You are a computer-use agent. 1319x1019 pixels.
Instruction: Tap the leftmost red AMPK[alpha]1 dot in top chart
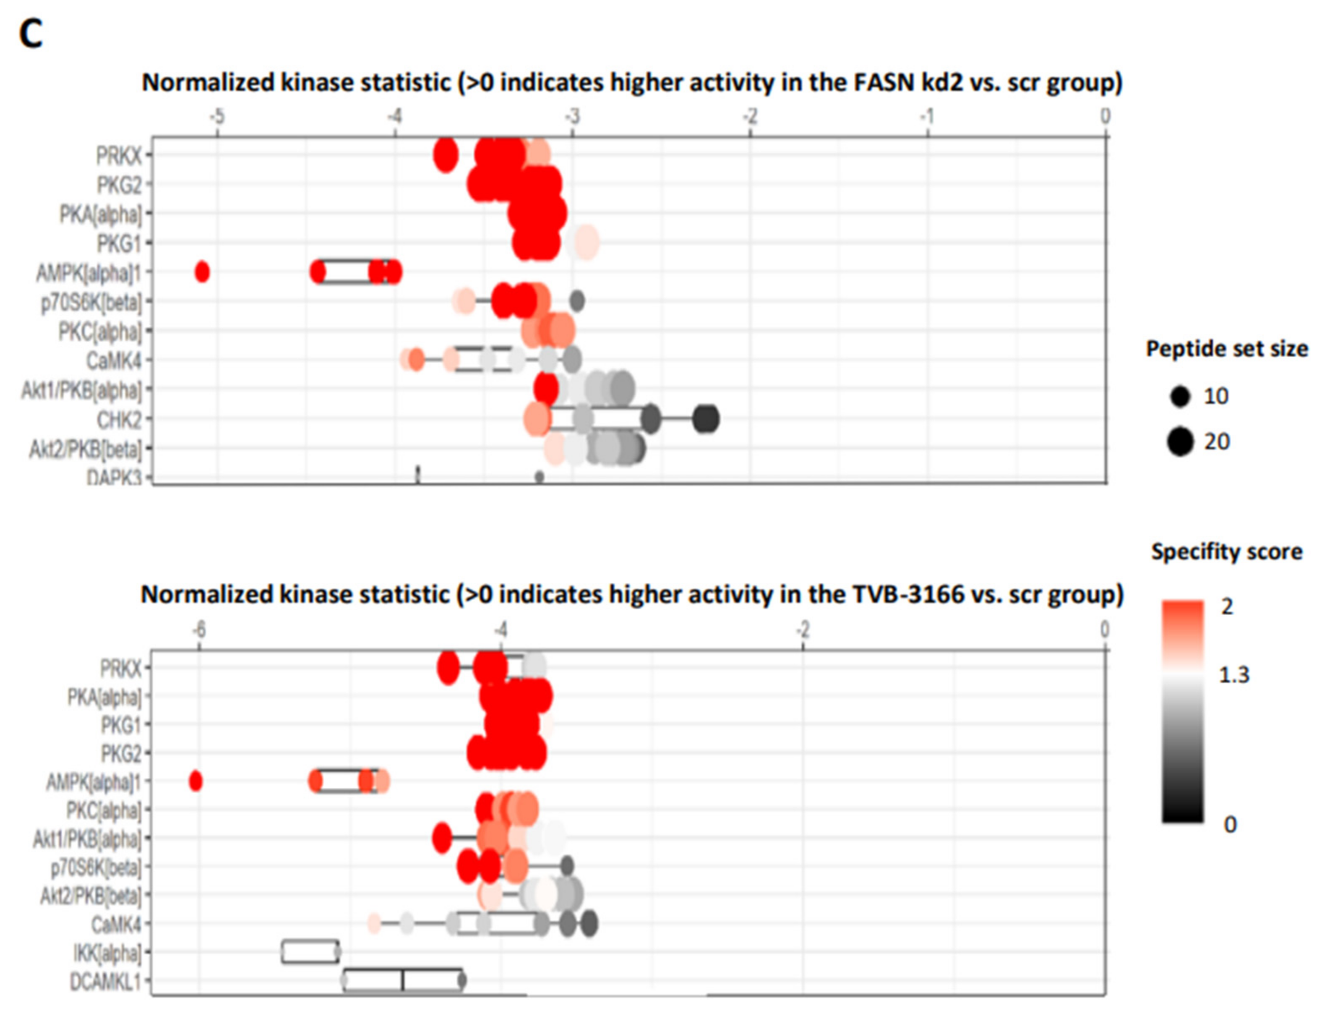click(x=202, y=272)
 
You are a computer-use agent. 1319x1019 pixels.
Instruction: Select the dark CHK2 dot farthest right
click(x=705, y=419)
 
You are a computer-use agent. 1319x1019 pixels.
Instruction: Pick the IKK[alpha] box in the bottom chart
click(x=310, y=951)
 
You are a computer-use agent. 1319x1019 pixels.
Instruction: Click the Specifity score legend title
click(x=1226, y=551)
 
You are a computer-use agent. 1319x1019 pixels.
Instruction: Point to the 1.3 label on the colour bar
click(x=1234, y=675)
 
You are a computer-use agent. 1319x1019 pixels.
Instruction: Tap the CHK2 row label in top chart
click(x=119, y=419)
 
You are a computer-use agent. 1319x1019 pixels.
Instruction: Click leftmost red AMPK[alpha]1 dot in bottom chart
click(x=195, y=781)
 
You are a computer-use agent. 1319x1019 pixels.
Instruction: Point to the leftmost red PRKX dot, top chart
click(x=446, y=155)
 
